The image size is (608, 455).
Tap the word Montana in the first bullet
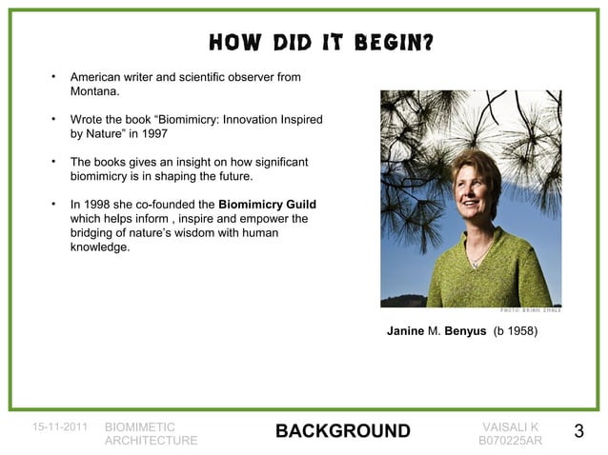click(95, 90)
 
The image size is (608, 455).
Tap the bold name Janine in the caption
click(404, 332)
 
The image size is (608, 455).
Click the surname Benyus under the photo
click(466, 332)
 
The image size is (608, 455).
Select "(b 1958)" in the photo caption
click(516, 332)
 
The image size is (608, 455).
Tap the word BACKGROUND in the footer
click(342, 433)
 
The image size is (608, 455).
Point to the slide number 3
click(578, 433)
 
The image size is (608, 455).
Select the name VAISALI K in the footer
click(511, 427)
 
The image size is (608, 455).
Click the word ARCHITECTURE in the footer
click(152, 441)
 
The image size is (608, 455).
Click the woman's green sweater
click(476, 271)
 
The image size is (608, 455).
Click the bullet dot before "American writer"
click(54, 75)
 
